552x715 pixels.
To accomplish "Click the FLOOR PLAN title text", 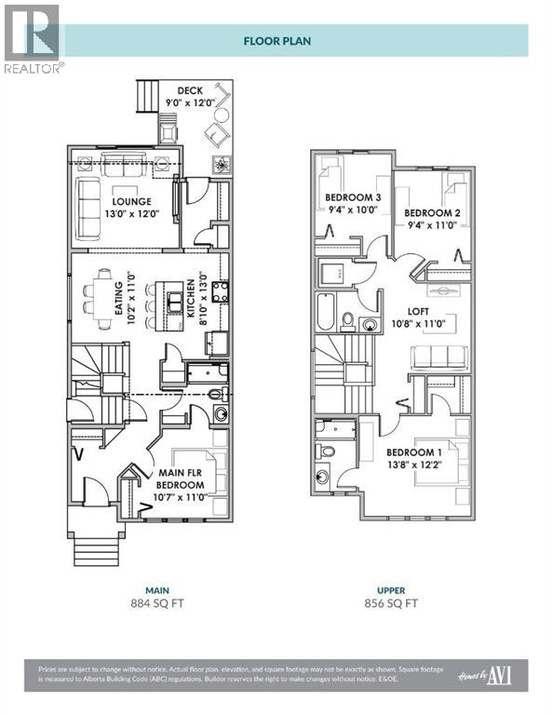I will point(276,40).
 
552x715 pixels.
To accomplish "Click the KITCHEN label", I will point(190,299).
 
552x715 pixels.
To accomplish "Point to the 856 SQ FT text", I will point(390,603).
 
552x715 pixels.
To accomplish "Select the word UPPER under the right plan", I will point(390,589).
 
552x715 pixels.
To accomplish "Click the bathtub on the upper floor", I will point(325,313).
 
